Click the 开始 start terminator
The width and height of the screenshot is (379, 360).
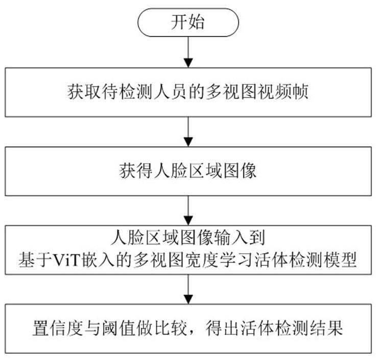coord(188,22)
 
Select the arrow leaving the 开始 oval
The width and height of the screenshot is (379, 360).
coord(188,52)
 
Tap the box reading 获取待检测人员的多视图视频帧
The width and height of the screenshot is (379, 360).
coord(188,92)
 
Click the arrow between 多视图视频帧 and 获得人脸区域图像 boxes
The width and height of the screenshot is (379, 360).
coord(188,132)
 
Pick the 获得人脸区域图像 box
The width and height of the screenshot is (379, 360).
coord(188,171)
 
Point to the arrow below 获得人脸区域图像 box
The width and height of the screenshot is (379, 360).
coord(188,211)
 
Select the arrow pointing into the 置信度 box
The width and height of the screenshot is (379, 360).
coord(188,289)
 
